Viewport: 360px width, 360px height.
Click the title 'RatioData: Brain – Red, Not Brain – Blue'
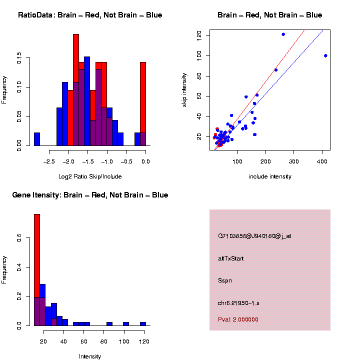point(90,15)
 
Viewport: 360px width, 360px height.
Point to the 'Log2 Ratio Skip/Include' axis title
point(90,176)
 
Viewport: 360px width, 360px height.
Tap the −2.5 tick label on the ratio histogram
point(48,161)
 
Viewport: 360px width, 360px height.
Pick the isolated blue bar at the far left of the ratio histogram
point(37,139)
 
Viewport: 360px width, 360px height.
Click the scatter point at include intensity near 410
point(325,55)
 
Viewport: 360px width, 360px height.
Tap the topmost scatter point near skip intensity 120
point(283,34)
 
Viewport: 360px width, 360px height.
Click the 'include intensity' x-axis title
point(270,176)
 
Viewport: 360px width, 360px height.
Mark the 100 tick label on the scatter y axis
point(199,55)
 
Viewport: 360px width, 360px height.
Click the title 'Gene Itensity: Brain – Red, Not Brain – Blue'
point(90,195)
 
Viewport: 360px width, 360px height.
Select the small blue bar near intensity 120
point(143,323)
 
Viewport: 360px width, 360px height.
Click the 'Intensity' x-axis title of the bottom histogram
point(90,356)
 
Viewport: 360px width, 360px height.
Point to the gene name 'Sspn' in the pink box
point(225,280)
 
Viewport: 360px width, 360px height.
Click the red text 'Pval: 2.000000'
point(238,319)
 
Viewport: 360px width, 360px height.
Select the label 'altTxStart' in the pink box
point(231,258)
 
